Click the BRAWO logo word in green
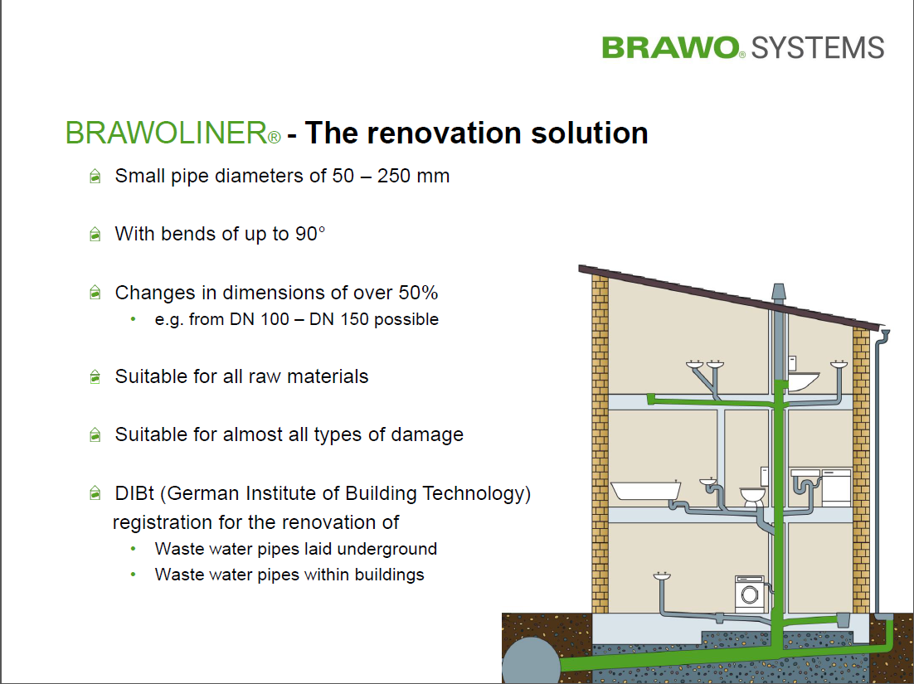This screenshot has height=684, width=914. point(670,47)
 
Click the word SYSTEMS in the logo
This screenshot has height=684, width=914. point(818,48)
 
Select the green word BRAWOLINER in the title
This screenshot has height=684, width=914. point(166,133)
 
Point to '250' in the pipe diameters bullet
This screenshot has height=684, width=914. point(393,176)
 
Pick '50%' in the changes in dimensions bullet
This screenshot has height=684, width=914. point(418,293)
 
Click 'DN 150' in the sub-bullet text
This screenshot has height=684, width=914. point(403,319)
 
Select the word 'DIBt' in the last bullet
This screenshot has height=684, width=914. point(134,493)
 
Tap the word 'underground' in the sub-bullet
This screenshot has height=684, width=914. point(387,550)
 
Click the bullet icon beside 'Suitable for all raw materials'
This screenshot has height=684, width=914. point(95,377)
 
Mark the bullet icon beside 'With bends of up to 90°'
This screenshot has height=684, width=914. point(95,234)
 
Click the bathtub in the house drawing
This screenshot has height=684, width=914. point(646,490)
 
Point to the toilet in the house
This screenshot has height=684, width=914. point(752,497)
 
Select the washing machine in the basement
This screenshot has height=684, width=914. point(750,594)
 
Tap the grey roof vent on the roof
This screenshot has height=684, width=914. point(778,292)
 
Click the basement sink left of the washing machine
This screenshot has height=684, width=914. point(662,576)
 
